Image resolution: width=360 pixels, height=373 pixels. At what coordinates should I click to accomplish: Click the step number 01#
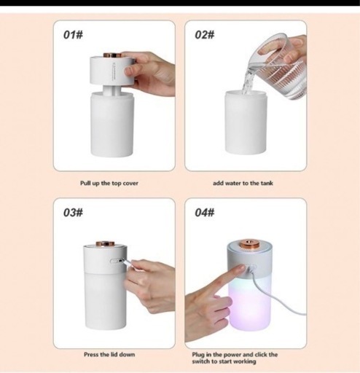pyautogui.click(x=73, y=35)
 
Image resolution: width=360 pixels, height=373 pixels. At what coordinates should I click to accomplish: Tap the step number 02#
pyautogui.click(x=205, y=35)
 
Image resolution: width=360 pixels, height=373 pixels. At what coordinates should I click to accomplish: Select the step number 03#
pyautogui.click(x=73, y=213)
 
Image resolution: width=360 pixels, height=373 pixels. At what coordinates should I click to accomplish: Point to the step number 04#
pyautogui.click(x=205, y=213)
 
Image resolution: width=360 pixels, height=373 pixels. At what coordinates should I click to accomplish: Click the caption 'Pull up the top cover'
pyautogui.click(x=109, y=184)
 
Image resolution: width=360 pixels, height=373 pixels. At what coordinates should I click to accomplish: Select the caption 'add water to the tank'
pyautogui.click(x=243, y=183)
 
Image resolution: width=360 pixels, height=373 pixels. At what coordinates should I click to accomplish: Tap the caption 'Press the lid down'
pyautogui.click(x=109, y=355)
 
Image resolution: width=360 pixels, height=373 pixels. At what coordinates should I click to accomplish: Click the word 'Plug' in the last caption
pyautogui.click(x=198, y=355)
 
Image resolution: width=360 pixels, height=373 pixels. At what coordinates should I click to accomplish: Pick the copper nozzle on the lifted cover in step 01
pyautogui.click(x=112, y=55)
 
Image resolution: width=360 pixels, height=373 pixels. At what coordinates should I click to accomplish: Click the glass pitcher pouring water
pyautogui.click(x=278, y=67)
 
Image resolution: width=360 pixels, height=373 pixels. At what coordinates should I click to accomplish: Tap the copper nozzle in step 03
pyautogui.click(x=105, y=243)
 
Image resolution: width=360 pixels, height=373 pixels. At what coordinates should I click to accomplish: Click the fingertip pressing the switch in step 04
pyautogui.click(x=241, y=267)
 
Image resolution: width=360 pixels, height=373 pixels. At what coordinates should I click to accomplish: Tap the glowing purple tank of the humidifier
pyautogui.click(x=249, y=304)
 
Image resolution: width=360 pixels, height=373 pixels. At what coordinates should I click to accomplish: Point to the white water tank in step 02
pyautogui.click(x=246, y=122)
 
